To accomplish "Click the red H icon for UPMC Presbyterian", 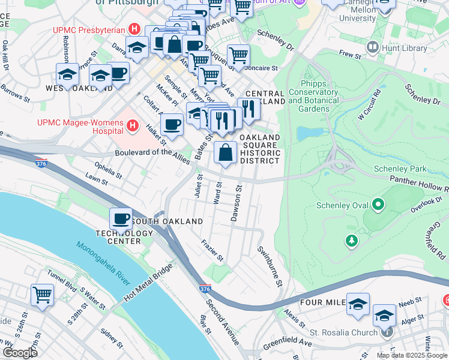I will (x=135, y=29).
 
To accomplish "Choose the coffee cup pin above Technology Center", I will (x=121, y=218).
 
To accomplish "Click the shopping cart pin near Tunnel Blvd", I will (x=43, y=295).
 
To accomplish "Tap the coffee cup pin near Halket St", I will (x=172, y=124).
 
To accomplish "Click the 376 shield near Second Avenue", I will (x=205, y=289).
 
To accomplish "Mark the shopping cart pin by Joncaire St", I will (x=239, y=55).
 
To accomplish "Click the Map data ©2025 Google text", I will (x=412, y=355).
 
